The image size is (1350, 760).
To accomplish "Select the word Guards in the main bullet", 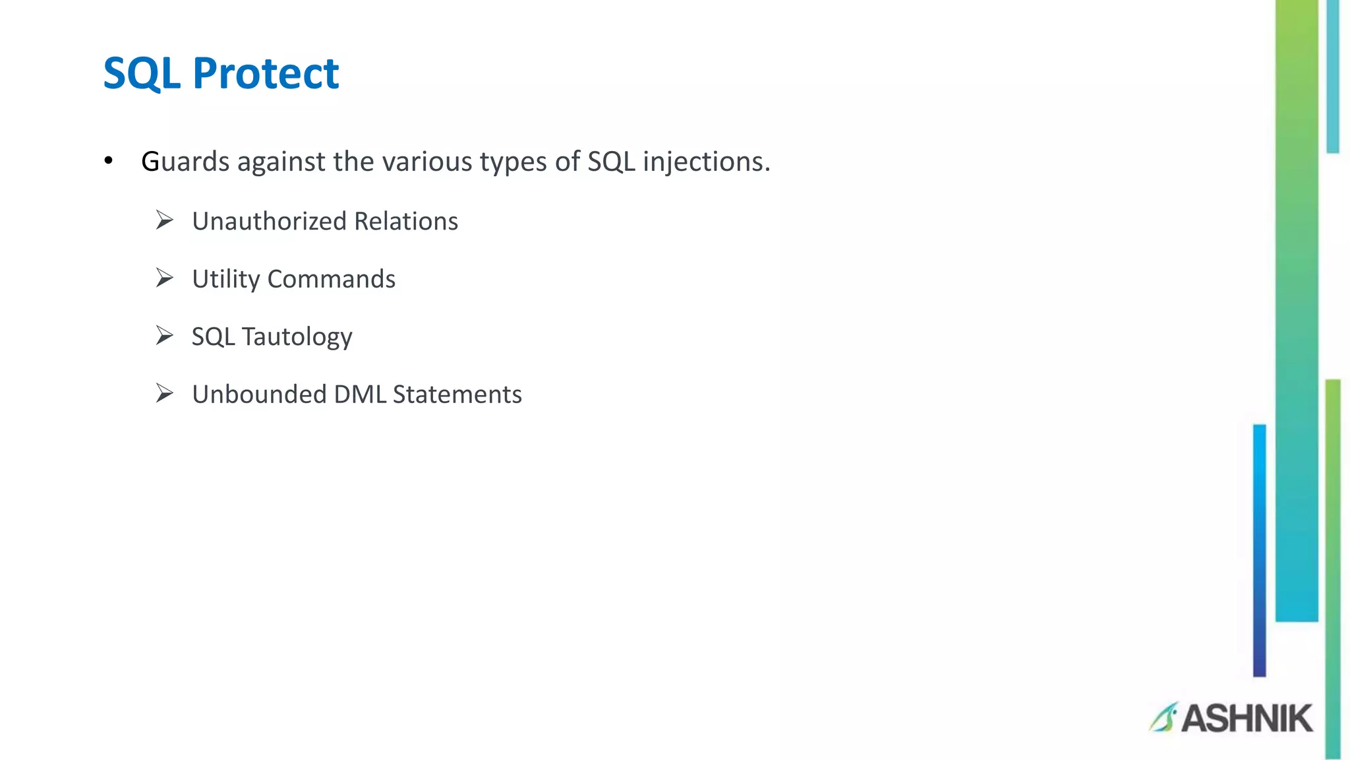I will pos(185,162).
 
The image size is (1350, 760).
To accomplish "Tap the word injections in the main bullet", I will pos(703,162).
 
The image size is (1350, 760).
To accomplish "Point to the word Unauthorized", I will pos(269,222).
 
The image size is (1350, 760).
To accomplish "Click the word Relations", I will pos(406,222).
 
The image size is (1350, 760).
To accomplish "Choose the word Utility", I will pos(226,280).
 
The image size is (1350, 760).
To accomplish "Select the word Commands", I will pos(332,279).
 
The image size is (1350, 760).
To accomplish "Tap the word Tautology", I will pos(297,337).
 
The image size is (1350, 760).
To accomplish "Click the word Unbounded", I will pos(259,395).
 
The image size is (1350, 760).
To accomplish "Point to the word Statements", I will pos(457,395).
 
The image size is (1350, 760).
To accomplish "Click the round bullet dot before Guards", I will pos(109,161).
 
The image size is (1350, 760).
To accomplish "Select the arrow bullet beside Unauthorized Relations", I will pos(164,220).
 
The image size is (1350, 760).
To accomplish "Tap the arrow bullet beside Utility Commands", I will pos(164,278).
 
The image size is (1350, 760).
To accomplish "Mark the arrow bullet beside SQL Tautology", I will pos(164,336).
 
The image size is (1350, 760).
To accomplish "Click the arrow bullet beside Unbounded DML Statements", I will pos(164,393).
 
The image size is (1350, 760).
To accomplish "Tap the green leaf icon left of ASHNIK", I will pos(1163,717).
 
